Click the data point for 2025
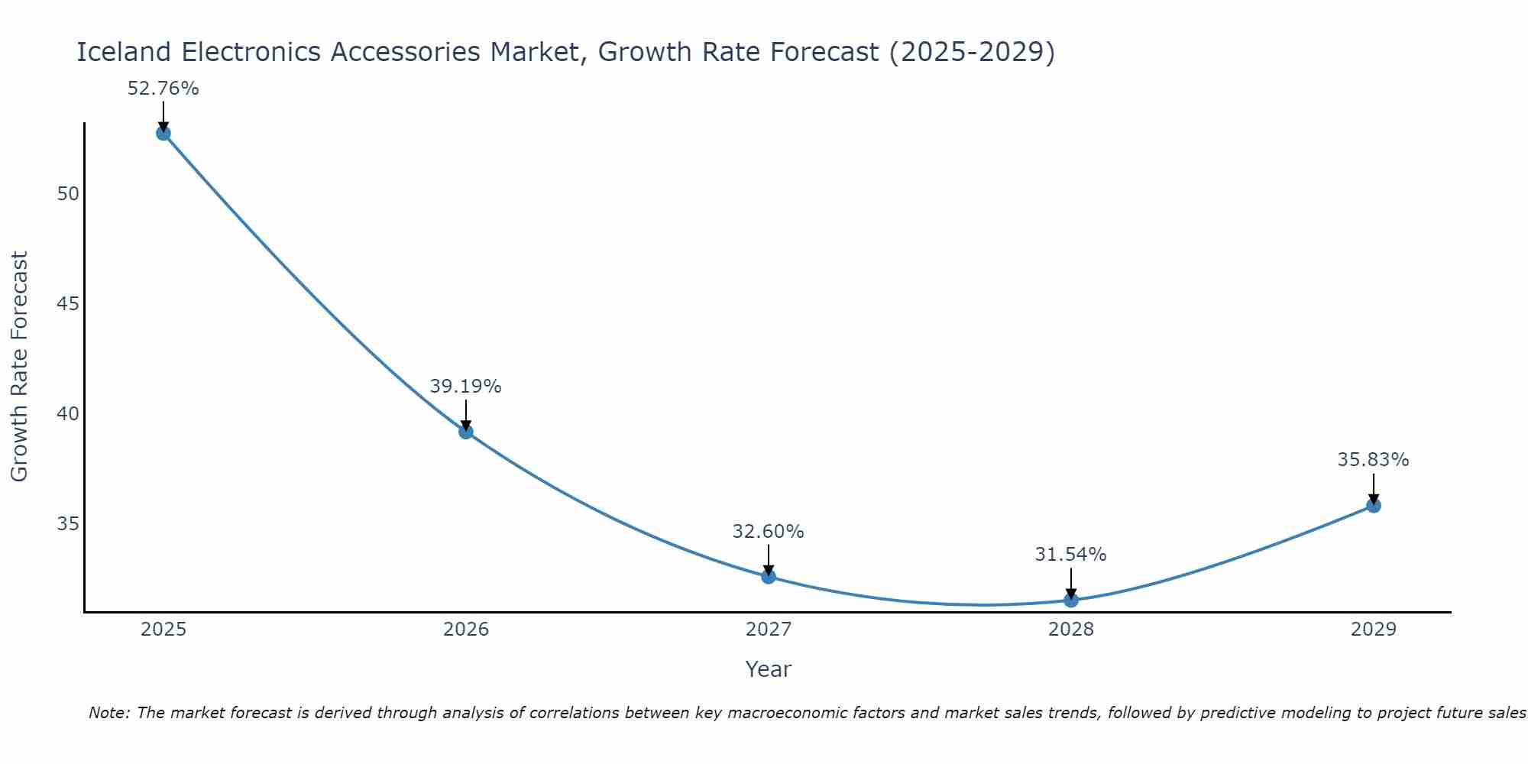tap(163, 134)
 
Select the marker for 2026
tap(466, 432)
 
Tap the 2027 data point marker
tap(769, 577)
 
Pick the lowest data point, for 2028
tap(1071, 601)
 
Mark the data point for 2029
tap(1374, 506)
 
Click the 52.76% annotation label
tap(163, 89)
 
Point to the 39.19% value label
tap(466, 387)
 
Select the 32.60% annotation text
tap(769, 532)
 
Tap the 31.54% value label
tap(1071, 555)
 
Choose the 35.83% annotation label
tap(1374, 460)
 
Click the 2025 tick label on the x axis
tap(163, 630)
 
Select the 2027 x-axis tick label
tap(769, 630)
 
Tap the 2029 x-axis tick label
tap(1374, 630)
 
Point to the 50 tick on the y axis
tap(68, 194)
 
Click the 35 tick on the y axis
tap(68, 524)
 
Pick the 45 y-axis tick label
tap(68, 304)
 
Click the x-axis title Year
tap(769, 669)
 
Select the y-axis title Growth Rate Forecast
tap(20, 367)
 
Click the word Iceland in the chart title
tap(124, 53)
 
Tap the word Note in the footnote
tap(108, 714)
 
